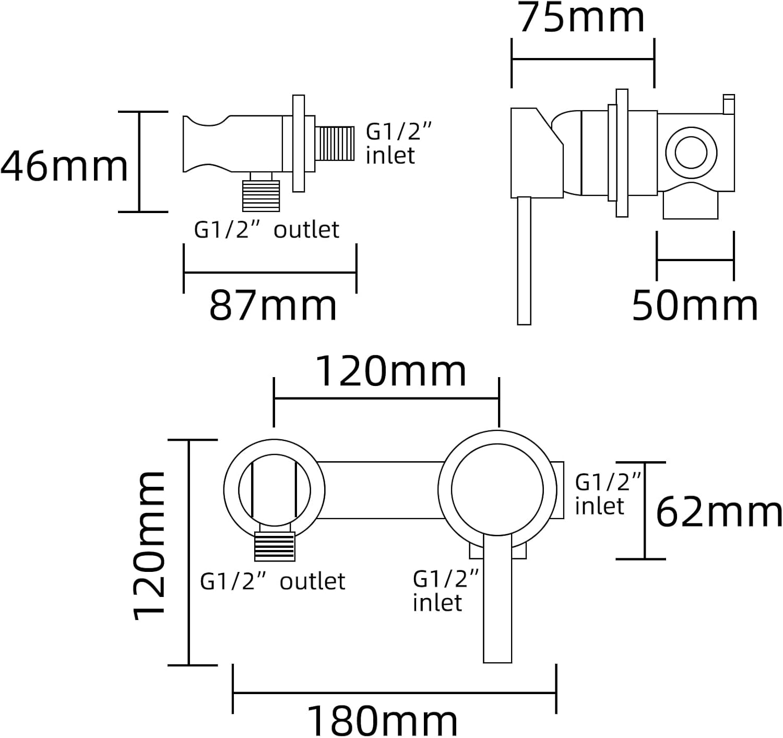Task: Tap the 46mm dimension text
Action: point(64,166)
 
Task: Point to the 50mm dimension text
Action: point(695,306)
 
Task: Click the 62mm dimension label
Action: point(719,512)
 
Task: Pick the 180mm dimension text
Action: point(382,721)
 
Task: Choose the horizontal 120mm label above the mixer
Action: point(391,372)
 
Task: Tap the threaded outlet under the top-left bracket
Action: point(261,195)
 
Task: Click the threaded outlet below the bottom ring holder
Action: point(275,546)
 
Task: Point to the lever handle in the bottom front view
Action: point(498,601)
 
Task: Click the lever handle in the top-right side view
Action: point(524,261)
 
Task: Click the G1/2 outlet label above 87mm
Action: point(266,230)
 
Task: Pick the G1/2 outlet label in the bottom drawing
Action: point(272,581)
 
